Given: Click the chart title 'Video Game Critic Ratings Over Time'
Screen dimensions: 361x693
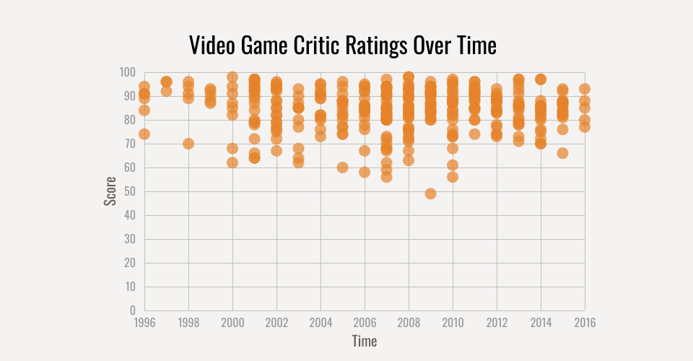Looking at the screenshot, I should click(x=343, y=45).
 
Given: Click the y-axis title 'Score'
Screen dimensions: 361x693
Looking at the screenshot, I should click(x=110, y=191).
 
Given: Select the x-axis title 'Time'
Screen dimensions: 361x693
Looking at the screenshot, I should click(x=365, y=340).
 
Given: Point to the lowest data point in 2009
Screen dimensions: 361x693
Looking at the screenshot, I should click(x=430, y=193).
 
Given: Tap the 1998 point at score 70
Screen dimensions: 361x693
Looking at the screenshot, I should click(x=188, y=144).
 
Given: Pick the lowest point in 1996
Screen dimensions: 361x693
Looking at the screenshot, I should click(x=144, y=134).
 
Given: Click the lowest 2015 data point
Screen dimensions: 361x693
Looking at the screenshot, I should click(x=562, y=153).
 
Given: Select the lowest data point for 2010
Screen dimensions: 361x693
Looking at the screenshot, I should click(x=453, y=177).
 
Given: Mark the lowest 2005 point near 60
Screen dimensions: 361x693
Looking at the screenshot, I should click(x=343, y=168).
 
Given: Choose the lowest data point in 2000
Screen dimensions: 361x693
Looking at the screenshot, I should click(x=232, y=162).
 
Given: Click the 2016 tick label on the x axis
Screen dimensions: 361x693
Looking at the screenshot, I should click(x=585, y=322).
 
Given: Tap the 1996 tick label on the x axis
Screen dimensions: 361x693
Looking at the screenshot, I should click(x=144, y=322).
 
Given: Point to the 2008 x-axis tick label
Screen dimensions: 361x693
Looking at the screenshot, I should click(x=409, y=322).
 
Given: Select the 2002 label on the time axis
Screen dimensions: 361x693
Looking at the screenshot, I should click(x=276, y=322).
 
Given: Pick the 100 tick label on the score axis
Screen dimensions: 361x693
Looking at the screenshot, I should click(x=128, y=72).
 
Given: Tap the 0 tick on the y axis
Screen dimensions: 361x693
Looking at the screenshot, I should click(x=133, y=310).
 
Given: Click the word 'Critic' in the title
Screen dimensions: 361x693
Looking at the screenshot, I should click(x=313, y=45).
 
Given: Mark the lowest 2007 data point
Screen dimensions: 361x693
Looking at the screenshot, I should click(x=386, y=177).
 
